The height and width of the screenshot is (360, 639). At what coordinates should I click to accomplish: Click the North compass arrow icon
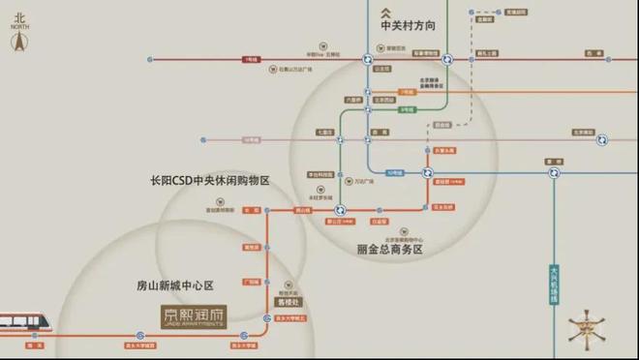click(x=16, y=42)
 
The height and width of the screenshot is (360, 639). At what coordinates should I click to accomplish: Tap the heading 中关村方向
click(x=409, y=27)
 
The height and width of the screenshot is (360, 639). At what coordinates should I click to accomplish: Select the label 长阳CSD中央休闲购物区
click(x=209, y=181)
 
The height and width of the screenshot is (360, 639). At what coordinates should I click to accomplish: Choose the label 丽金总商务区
click(x=390, y=249)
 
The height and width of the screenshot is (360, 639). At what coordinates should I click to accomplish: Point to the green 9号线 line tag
click(x=407, y=109)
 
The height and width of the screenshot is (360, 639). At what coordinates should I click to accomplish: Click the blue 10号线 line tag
click(x=395, y=171)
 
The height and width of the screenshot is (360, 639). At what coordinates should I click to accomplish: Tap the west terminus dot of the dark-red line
click(x=150, y=59)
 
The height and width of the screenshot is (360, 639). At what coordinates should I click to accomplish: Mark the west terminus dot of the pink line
click(x=202, y=140)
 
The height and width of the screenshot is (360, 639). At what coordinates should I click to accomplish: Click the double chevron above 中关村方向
click(x=408, y=9)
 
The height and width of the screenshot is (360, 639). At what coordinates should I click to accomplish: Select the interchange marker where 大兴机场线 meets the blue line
click(x=555, y=173)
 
